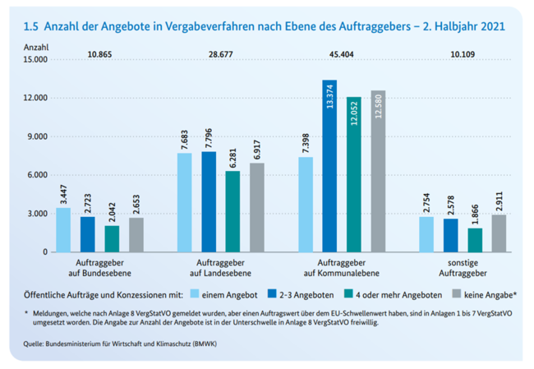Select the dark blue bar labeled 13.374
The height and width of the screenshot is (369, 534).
coord(330,166)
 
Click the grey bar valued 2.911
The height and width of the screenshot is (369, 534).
coord(498,233)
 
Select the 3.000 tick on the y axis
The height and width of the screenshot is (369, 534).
coord(37,214)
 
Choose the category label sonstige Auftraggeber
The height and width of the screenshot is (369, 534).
coord(462,267)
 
